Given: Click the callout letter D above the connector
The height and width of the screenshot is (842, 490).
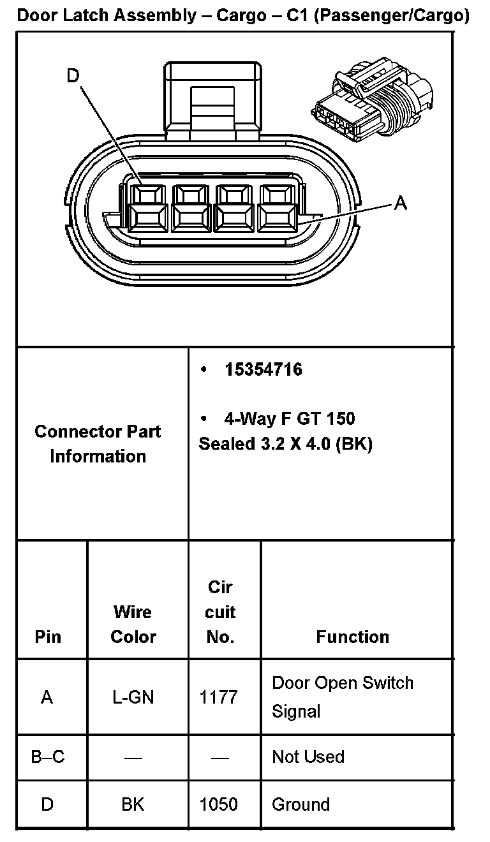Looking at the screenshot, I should (73, 76).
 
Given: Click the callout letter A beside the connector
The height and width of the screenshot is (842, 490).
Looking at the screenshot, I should (400, 203).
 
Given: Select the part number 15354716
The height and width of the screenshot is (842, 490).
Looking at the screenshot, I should (263, 369).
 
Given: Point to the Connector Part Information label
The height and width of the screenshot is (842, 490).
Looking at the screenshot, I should (98, 444).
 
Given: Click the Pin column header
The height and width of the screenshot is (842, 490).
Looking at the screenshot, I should (48, 637).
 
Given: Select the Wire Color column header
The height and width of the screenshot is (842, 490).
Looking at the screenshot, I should (133, 624).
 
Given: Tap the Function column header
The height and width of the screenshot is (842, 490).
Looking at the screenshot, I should (352, 637).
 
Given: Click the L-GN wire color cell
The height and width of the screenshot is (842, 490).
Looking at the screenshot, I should (133, 697).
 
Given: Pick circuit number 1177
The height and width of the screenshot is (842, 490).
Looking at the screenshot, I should (219, 697).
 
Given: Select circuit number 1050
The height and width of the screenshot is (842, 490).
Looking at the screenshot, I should (219, 804).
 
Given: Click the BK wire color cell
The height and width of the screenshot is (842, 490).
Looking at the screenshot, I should (133, 804).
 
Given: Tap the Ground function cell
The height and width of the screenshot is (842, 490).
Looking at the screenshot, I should (301, 804).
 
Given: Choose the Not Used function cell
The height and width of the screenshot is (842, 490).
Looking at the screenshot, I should (308, 757).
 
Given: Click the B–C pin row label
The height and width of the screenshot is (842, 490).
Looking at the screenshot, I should (48, 757).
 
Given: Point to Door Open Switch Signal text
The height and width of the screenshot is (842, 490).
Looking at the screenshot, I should (343, 697).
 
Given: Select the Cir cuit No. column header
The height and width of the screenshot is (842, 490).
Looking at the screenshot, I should (220, 612).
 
